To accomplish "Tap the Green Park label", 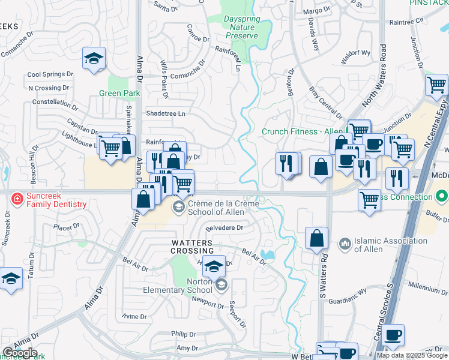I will [x=119, y=93].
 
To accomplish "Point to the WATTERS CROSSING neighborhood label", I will [x=187, y=246].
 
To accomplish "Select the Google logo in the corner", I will [x=19, y=353].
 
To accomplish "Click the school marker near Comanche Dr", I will [x=94, y=59].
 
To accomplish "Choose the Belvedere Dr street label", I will [x=224, y=228].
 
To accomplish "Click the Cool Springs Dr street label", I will [x=50, y=76].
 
